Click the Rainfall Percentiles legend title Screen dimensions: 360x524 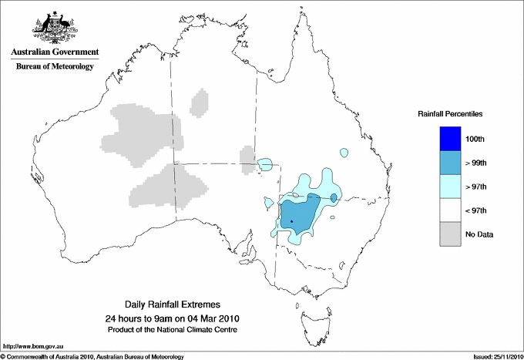click(x=450, y=113)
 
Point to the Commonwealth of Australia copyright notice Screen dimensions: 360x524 click(x=92, y=356)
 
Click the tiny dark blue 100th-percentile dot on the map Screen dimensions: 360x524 click(x=292, y=222)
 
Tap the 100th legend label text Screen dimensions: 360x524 click(x=475, y=139)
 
